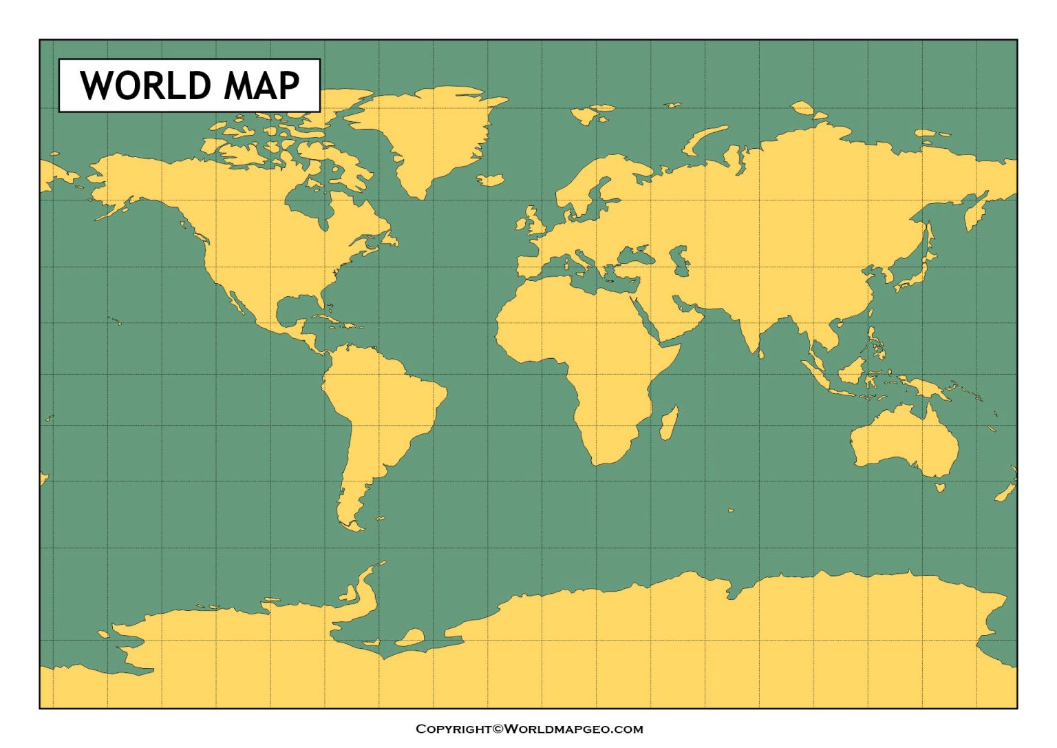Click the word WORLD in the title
pyautogui.click(x=145, y=85)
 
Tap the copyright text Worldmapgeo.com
pyautogui.click(x=528, y=729)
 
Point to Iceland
pyautogui.click(x=491, y=180)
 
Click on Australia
pyautogui.click(x=901, y=437)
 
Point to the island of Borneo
pyautogui.click(x=851, y=372)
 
